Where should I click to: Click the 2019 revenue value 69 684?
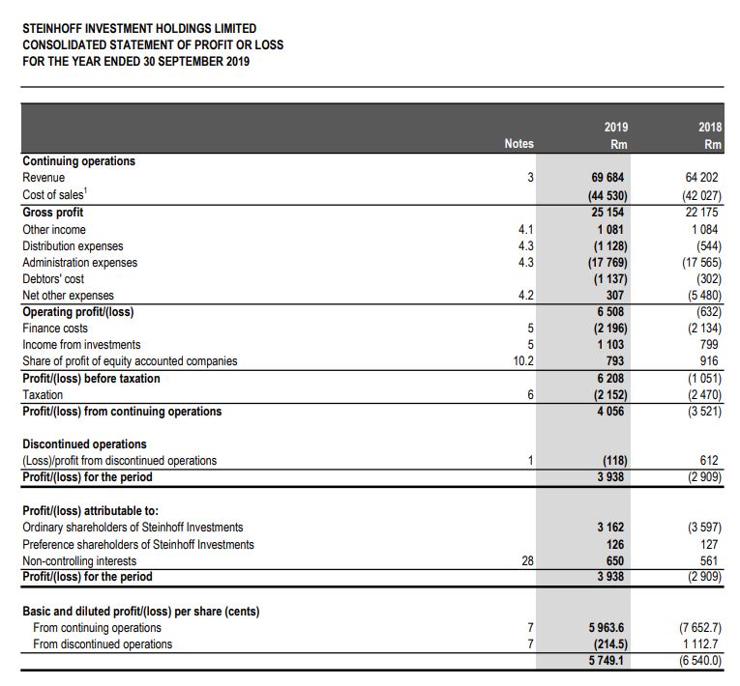point(608,178)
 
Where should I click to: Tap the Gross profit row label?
point(53,213)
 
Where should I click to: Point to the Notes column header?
point(518,143)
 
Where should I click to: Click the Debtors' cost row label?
point(53,279)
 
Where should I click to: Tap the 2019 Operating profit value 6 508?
point(612,312)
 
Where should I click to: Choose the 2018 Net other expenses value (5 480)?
point(702,296)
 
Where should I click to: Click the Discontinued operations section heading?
point(85,444)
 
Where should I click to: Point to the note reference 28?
point(526,560)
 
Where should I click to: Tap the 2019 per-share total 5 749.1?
point(607,661)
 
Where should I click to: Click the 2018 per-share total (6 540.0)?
point(699,661)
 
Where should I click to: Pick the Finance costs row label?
point(55,329)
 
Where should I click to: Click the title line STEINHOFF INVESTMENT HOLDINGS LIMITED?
point(139,29)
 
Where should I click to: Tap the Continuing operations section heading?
point(79,161)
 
